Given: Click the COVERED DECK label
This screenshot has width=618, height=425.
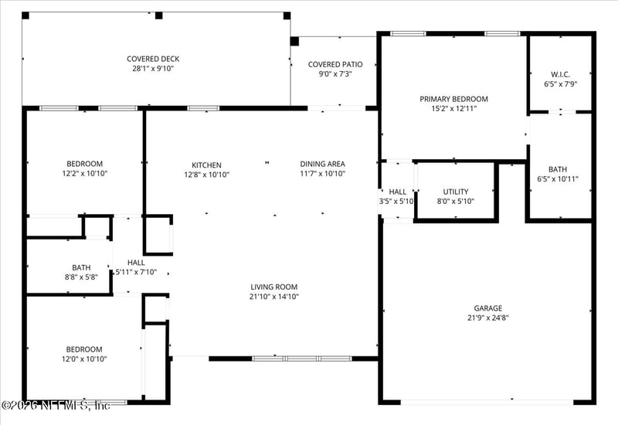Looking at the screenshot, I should [153, 59].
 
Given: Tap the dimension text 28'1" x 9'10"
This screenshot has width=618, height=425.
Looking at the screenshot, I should [153, 69].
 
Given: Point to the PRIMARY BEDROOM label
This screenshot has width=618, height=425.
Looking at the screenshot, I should [453, 99].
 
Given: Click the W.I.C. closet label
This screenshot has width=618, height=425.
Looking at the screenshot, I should [560, 74].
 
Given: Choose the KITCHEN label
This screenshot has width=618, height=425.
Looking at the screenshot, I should [206, 165].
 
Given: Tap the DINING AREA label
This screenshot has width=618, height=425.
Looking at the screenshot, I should [322, 164].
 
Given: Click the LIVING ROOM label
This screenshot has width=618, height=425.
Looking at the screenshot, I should [273, 287].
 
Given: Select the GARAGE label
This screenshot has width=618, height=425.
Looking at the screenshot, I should [488, 308].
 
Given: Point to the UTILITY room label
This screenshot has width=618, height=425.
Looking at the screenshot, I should [455, 192].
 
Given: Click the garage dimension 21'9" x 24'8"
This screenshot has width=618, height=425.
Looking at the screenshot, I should [488, 318].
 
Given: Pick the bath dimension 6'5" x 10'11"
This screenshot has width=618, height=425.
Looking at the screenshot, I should [557, 179].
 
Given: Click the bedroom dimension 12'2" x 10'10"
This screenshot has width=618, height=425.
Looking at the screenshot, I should [84, 174].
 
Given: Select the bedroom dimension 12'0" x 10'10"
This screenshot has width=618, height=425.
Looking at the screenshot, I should [83, 359].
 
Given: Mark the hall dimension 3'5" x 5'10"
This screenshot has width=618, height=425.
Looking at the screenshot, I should [397, 202].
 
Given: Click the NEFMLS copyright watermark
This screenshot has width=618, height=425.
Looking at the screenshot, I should [56, 405].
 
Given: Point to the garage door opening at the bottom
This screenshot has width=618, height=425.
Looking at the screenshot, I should [487, 402].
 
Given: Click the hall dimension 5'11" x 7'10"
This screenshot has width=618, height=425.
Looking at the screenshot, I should [135, 272].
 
